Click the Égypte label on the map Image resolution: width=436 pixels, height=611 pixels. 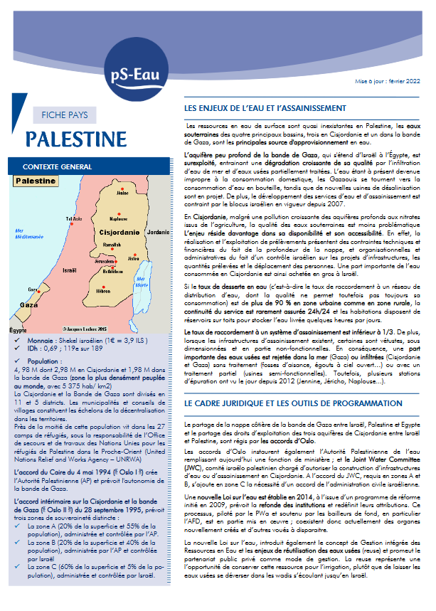pos(19,331)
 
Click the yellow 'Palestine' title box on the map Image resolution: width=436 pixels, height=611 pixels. pos(35,181)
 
